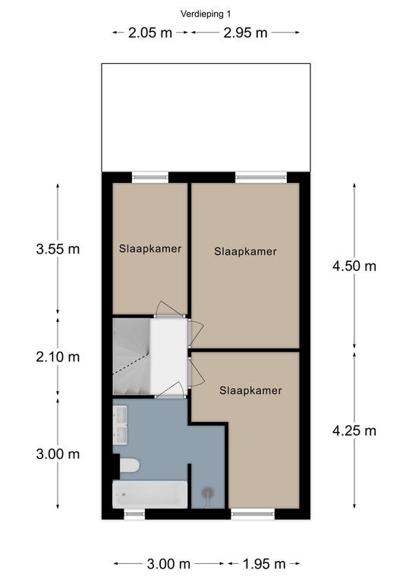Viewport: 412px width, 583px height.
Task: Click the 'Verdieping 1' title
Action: point(206,14)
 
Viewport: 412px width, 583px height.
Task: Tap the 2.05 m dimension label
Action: point(150,33)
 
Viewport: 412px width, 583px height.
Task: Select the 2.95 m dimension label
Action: point(245,33)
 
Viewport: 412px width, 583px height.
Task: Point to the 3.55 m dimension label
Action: point(58,249)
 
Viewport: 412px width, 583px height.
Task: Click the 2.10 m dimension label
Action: point(58,357)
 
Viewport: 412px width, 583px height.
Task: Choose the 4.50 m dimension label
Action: point(354,266)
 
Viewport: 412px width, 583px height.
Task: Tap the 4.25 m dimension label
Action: point(354,430)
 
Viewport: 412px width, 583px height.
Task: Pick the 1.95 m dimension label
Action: point(264,564)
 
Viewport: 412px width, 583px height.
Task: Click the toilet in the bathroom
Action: point(129,465)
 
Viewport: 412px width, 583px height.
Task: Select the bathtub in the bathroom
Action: point(150,494)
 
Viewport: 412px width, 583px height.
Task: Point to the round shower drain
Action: point(207,493)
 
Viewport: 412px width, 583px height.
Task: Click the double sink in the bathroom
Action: point(120,425)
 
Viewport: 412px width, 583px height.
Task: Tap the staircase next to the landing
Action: point(131,356)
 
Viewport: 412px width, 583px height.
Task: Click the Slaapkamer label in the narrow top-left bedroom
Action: point(150,248)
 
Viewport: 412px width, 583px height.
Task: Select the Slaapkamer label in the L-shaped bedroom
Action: point(250,390)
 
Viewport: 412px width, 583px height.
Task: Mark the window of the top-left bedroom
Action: point(150,178)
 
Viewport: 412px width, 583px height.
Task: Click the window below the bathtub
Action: point(134,514)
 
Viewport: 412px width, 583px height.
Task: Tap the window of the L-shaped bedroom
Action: point(253,514)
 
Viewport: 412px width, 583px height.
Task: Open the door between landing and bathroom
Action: point(171,390)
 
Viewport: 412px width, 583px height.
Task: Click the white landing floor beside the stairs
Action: point(168,356)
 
